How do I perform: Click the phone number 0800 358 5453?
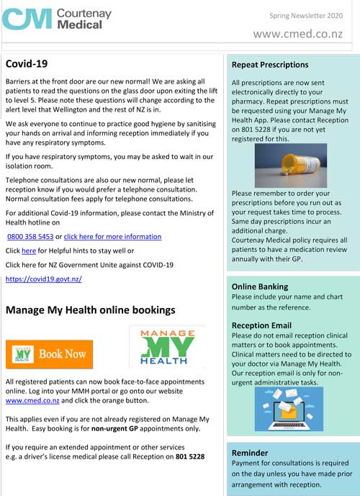[x=30, y=236]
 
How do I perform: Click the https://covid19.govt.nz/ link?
[x=43, y=279]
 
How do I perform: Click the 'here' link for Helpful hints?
[x=29, y=251]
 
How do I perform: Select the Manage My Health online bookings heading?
[x=90, y=310]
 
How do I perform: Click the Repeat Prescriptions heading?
[x=270, y=65]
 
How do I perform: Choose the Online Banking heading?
[x=260, y=287]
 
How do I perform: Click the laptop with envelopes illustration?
[x=289, y=409]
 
